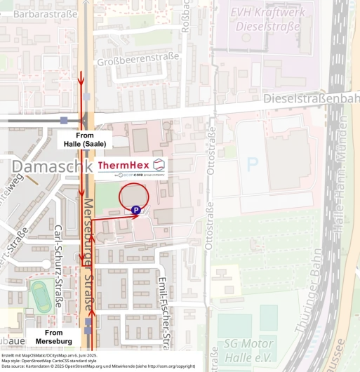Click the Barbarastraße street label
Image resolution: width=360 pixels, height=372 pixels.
click(x=45, y=13)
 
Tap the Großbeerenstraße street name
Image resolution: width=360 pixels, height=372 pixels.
click(x=138, y=55)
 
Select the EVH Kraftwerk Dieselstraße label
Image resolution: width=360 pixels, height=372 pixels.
click(x=266, y=19)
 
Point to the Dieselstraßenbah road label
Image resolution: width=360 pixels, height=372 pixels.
click(x=311, y=100)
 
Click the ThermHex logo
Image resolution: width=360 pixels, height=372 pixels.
click(x=132, y=166)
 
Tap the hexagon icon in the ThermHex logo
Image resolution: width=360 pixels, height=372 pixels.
click(x=159, y=164)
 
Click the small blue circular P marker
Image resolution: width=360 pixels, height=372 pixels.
click(x=136, y=209)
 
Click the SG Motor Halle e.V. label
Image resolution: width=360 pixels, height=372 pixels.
click(x=249, y=350)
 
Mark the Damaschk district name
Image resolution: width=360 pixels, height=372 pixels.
click(x=51, y=166)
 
